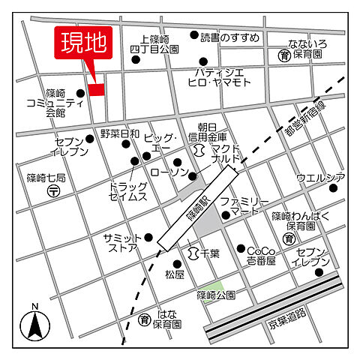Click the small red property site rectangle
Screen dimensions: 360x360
[x=96, y=90]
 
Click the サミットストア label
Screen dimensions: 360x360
[x=121, y=241]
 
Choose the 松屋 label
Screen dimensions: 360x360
[x=175, y=275]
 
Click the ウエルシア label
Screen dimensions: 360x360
[x=320, y=178]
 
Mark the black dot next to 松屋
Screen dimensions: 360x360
[x=178, y=263]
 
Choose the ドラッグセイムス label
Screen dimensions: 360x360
[x=127, y=191]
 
